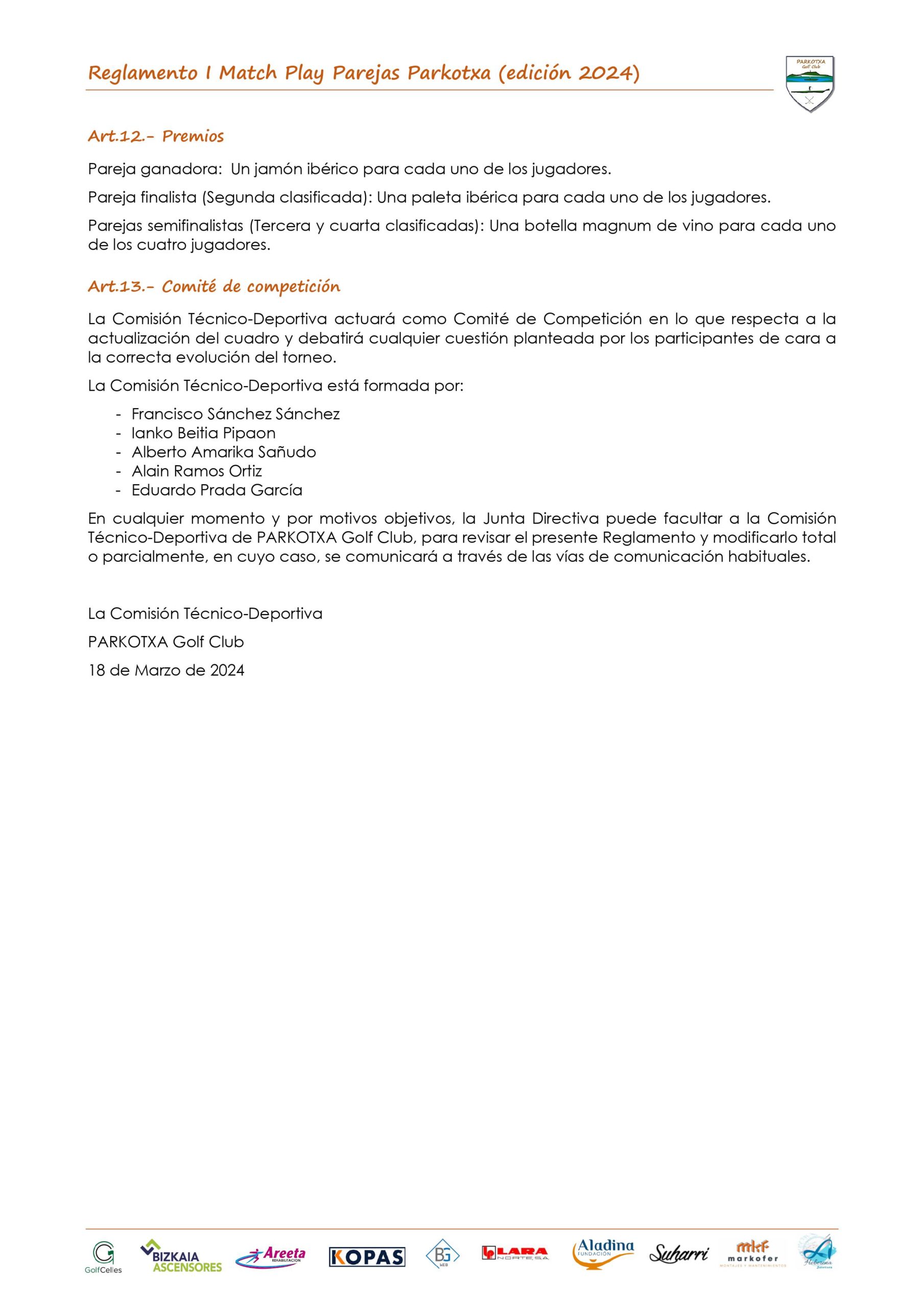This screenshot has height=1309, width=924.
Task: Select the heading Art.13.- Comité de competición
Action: pyautogui.click(x=214, y=286)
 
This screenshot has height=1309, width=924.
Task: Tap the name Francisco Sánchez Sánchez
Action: pyautogui.click(x=235, y=414)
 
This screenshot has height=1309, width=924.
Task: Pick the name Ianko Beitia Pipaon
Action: pyautogui.click(x=203, y=433)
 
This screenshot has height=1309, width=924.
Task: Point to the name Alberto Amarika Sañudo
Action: pyautogui.click(x=223, y=452)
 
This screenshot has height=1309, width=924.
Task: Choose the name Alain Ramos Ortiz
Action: pyautogui.click(x=197, y=471)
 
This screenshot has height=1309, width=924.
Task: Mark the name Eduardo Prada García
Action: pyautogui.click(x=217, y=490)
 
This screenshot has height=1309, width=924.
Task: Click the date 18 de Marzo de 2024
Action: pyautogui.click(x=166, y=670)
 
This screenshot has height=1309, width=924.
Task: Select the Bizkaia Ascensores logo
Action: pyautogui.click(x=181, y=1256)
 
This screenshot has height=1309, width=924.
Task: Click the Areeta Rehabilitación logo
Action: pyautogui.click(x=271, y=1256)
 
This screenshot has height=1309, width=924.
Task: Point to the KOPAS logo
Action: pyautogui.click(x=367, y=1257)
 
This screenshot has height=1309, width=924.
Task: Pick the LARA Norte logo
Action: pyautogui.click(x=515, y=1253)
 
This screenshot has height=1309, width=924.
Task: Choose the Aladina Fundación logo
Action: pyautogui.click(x=603, y=1254)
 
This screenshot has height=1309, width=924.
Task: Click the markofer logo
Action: pyautogui.click(x=752, y=1254)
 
